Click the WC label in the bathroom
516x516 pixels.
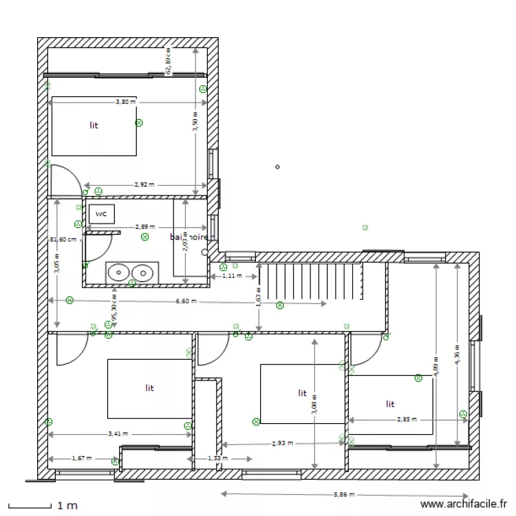click(101, 213)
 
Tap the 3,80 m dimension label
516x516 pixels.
click(125, 102)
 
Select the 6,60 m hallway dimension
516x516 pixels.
click(186, 301)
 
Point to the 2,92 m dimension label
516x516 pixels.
click(143, 184)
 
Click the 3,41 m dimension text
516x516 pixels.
click(118, 434)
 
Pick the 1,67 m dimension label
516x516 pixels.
click(83, 458)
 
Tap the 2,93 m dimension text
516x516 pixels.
click(282, 444)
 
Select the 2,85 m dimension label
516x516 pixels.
click(407, 419)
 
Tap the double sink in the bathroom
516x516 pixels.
click(129, 272)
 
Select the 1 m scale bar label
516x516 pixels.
click(67, 506)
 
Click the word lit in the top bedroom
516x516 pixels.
click(94, 125)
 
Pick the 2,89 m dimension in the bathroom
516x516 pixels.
click(144, 226)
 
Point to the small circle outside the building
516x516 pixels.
click(277, 166)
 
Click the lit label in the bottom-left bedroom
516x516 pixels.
click(149, 388)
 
